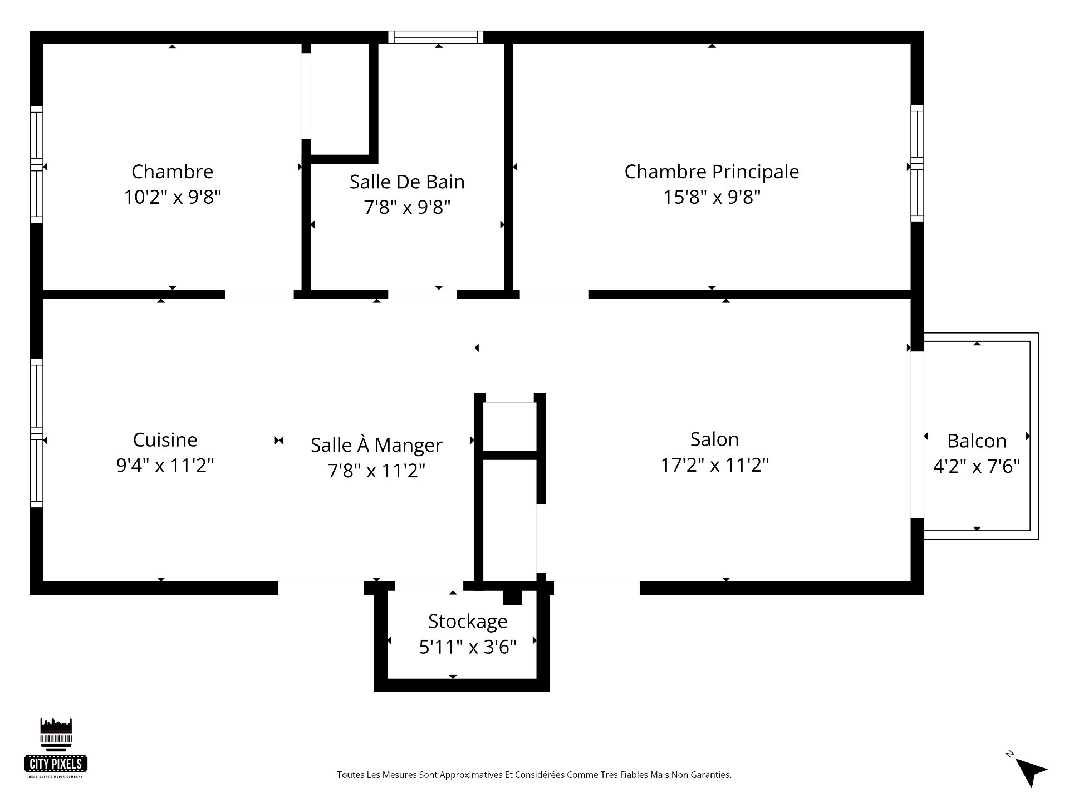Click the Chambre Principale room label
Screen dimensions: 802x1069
pos(711,172)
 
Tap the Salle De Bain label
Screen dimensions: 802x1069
pos(407,182)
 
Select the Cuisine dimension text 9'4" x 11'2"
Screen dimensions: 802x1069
pos(165,465)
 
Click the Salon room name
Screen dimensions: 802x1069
pos(714,439)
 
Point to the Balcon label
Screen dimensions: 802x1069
pos(977,441)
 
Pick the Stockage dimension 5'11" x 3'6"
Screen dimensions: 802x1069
pos(468,647)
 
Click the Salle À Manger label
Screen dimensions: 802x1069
pos(376,445)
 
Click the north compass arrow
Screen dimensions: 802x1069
pos(1030,771)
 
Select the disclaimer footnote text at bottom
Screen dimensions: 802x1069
pos(534,775)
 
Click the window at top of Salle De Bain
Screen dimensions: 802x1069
pos(435,37)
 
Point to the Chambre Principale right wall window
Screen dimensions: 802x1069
pos(917,163)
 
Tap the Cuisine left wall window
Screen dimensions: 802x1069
pos(36,433)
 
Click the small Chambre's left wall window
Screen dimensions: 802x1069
pos(36,164)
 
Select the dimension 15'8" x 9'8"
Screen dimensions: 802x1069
pos(711,197)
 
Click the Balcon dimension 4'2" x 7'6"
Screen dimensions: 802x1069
pos(977,466)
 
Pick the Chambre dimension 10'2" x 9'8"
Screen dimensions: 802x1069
pos(172,197)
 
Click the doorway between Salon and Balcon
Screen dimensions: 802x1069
pos(917,434)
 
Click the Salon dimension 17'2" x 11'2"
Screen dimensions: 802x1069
pos(714,465)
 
